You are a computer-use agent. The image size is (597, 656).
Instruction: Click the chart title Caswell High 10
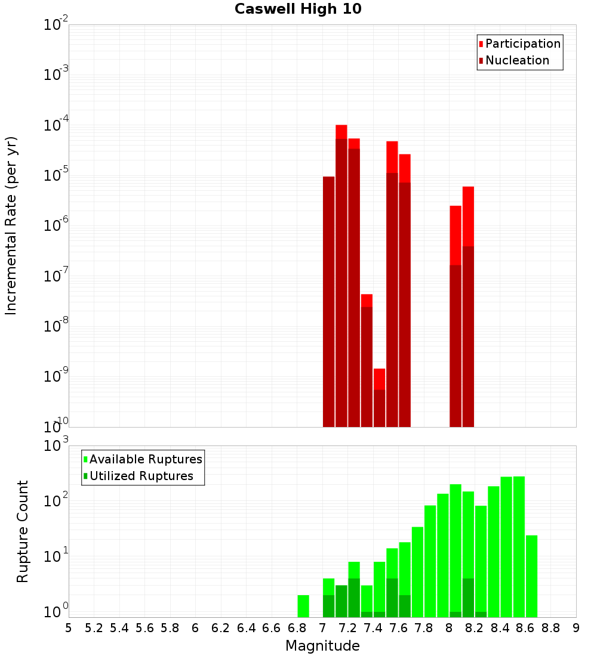298,9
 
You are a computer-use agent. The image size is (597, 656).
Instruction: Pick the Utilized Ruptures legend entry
141,476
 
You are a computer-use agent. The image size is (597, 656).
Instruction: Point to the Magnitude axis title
322,646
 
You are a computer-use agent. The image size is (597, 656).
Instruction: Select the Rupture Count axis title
23,531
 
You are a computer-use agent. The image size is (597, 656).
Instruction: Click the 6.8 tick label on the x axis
297,628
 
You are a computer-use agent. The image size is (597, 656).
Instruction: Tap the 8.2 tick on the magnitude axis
475,628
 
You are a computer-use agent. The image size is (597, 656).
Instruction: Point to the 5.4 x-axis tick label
119,628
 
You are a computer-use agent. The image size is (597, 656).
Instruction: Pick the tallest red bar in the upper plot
341,132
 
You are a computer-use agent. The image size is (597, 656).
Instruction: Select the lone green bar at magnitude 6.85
303,605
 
